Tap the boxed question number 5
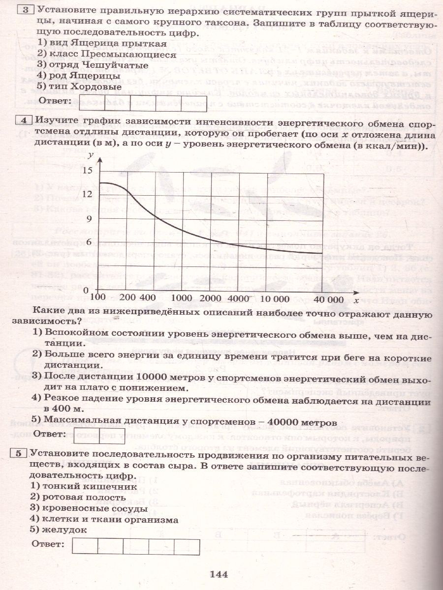click(20, 454)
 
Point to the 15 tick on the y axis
click(87, 170)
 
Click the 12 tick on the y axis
click(87, 194)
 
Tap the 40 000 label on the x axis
click(328, 298)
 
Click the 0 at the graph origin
click(86, 290)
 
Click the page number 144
click(220, 573)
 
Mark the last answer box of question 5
click(187, 547)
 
